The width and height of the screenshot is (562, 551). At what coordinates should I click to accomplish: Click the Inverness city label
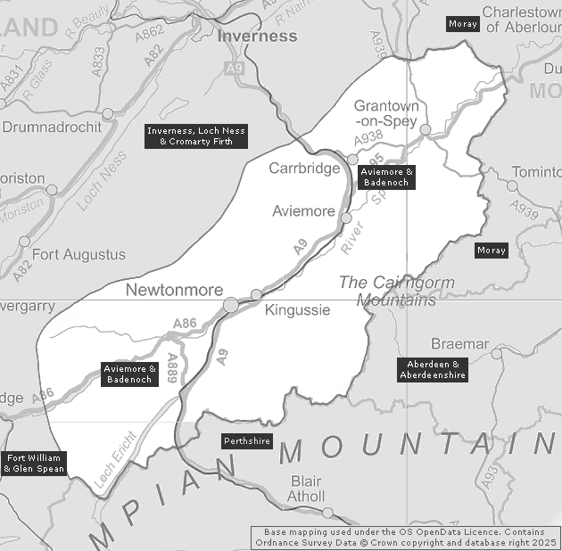tap(257, 37)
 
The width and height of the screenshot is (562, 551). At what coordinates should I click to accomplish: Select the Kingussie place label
tap(297, 310)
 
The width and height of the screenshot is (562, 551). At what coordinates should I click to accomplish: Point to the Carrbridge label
tap(304, 168)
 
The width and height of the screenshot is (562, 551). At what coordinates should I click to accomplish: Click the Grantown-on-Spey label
tap(385, 112)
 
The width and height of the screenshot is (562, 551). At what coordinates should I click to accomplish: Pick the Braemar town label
tap(459, 343)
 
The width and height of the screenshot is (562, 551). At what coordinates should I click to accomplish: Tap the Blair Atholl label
tap(306, 489)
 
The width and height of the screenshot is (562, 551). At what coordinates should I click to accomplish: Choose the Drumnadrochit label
tap(51, 127)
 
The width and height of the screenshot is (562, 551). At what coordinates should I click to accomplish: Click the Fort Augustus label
tap(79, 255)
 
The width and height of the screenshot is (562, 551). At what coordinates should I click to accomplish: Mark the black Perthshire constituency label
tap(246, 441)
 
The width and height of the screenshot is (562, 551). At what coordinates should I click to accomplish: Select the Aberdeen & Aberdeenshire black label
tap(434, 370)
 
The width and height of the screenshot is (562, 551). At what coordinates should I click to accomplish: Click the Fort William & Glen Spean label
tap(34, 463)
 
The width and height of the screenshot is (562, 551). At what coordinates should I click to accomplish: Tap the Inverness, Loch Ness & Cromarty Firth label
tap(196, 136)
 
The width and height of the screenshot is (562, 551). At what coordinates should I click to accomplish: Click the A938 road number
tap(367, 138)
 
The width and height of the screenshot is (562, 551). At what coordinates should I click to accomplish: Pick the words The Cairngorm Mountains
tap(396, 292)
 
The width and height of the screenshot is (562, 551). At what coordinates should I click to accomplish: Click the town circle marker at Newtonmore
tap(230, 305)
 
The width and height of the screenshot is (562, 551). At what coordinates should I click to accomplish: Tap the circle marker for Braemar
tap(497, 354)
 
